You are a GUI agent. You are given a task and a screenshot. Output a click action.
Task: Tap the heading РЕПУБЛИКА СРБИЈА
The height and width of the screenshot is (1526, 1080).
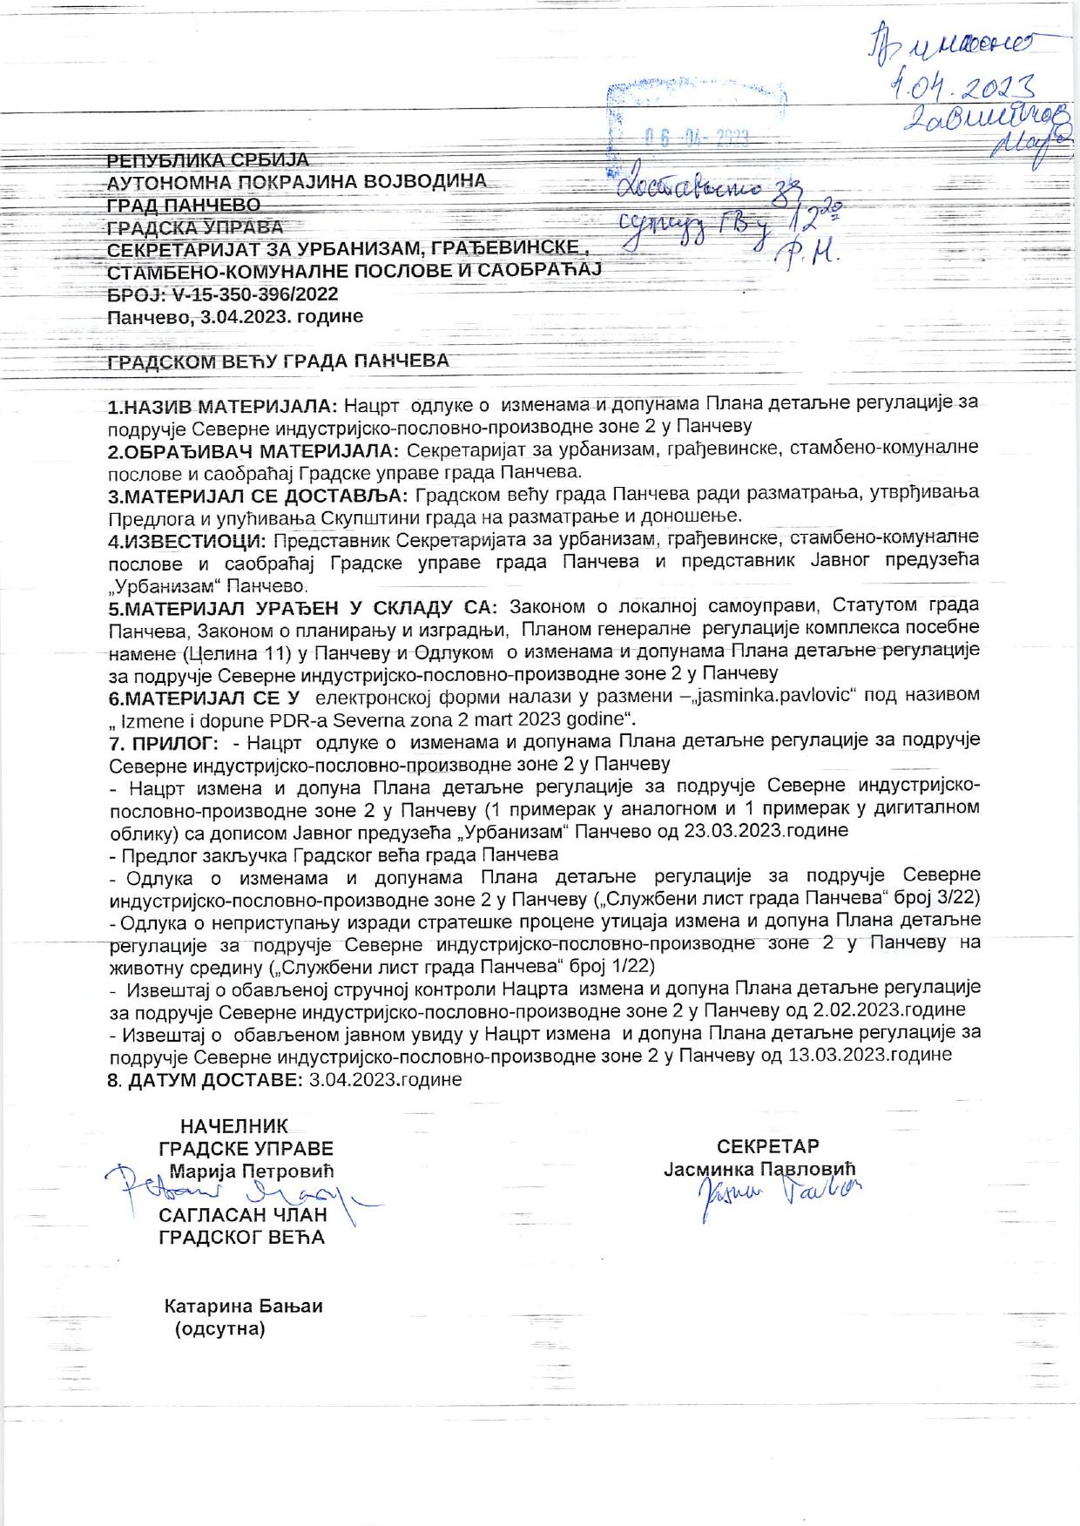point(208,160)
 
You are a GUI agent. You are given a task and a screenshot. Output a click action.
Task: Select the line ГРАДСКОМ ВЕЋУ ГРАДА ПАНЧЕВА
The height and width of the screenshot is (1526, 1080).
point(278,361)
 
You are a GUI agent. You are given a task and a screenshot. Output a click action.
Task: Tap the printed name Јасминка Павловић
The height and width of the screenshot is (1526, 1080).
point(760,1168)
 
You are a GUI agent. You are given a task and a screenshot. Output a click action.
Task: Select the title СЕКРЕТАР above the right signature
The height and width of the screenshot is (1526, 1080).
point(767,1145)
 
